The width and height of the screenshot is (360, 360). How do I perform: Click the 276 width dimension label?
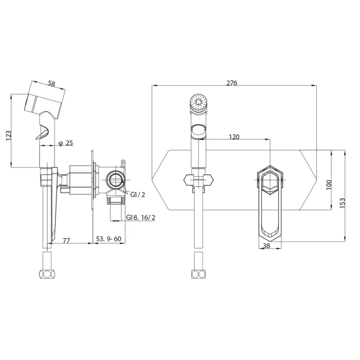(232, 83)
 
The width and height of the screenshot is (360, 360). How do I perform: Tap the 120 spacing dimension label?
(234, 137)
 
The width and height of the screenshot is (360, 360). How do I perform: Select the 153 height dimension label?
(342, 203)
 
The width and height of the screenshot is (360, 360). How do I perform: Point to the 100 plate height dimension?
(329, 184)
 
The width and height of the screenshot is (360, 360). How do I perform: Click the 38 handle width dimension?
(266, 246)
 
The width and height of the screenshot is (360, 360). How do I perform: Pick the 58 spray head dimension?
(52, 83)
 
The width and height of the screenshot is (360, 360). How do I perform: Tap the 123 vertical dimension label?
(8, 136)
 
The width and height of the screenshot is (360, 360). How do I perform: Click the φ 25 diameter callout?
(66, 143)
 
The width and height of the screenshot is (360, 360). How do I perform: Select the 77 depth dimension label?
(66, 241)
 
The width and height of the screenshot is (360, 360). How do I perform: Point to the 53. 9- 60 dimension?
(108, 239)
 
